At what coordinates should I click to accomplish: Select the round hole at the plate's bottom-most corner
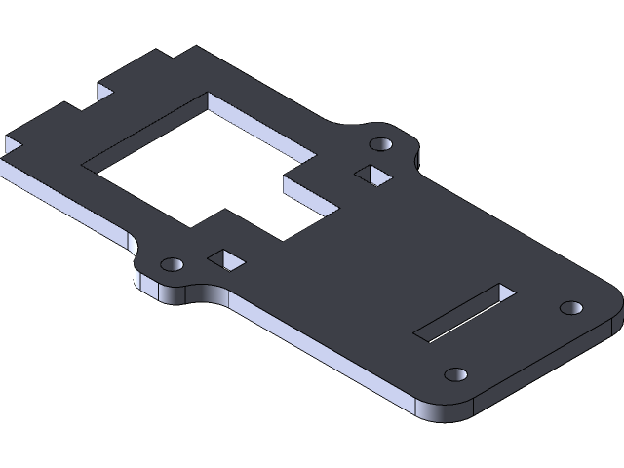454,374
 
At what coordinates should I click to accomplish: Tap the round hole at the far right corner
570,307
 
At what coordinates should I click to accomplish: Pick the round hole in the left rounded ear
172,264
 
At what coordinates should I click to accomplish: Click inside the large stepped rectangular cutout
195,175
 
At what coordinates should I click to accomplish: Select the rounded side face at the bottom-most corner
444,411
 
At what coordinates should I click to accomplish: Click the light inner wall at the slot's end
506,290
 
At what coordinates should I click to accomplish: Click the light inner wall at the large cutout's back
263,122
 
